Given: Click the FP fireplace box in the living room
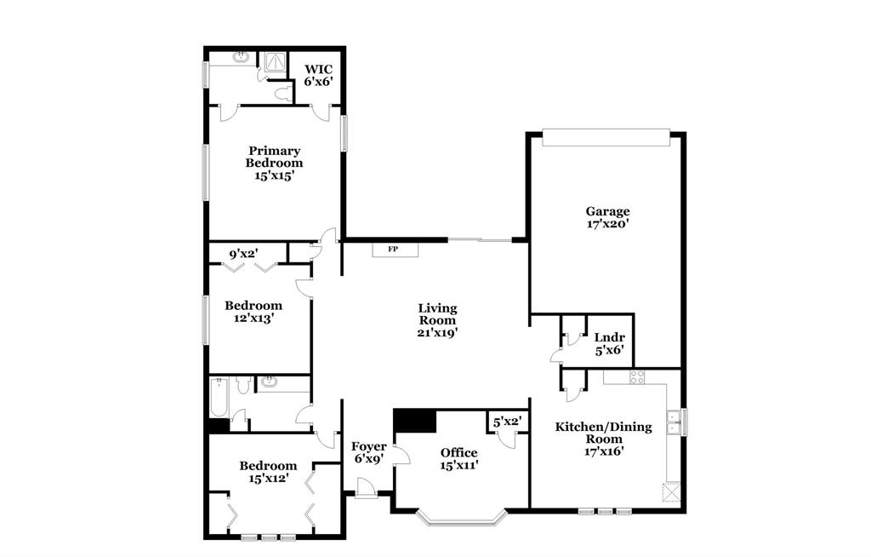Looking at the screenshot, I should tap(394, 250).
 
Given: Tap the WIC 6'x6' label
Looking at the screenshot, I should tap(318, 75).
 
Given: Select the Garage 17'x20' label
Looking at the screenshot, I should tap(607, 217).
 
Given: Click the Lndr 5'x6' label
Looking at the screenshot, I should tap(609, 342).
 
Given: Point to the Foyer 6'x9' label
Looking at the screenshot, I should tap(369, 452).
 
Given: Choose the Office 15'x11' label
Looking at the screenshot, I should tap(459, 458).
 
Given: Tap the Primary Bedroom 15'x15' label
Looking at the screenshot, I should tap(274, 163).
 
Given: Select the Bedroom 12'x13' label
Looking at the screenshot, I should tap(253, 311).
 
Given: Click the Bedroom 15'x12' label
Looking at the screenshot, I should tap(268, 472).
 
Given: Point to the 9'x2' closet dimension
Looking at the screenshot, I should tap(243, 253).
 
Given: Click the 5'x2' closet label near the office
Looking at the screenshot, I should tap(508, 421).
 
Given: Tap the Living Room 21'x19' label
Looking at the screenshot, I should tap(438, 320).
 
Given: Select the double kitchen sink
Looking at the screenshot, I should tap(674, 422).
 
